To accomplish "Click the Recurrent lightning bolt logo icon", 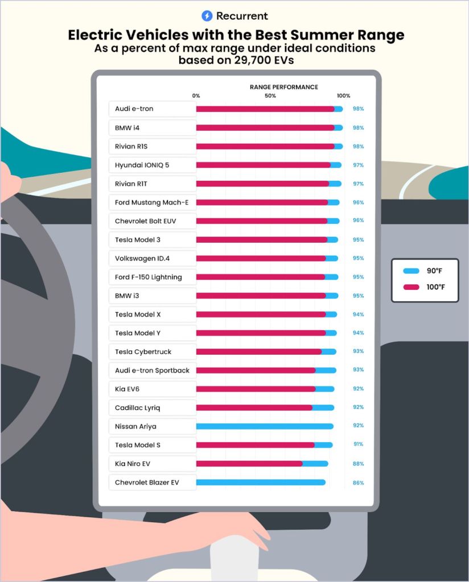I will tap(207, 16).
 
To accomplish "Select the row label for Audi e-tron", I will tap(134, 109).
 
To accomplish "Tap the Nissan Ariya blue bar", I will tap(265, 426).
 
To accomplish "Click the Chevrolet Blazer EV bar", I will tap(261, 483).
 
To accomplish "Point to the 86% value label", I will tap(358, 483).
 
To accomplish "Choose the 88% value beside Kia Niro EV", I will tap(358, 464).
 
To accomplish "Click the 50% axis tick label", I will tap(270, 96).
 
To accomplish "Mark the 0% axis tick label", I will tap(196, 96).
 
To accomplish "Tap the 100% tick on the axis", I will tap(343, 96).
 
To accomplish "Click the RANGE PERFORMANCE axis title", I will tap(283, 87).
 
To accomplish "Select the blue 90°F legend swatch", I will tap(411, 271).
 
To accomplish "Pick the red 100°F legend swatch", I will tap(411, 287).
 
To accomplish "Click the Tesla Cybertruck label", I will tap(143, 352).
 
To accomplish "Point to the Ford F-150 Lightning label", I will tap(149, 277).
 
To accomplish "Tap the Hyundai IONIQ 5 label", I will tap(142, 165).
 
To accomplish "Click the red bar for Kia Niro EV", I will tap(249, 464).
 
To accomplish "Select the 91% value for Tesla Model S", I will tap(358, 444).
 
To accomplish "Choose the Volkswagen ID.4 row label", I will tap(142, 259).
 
